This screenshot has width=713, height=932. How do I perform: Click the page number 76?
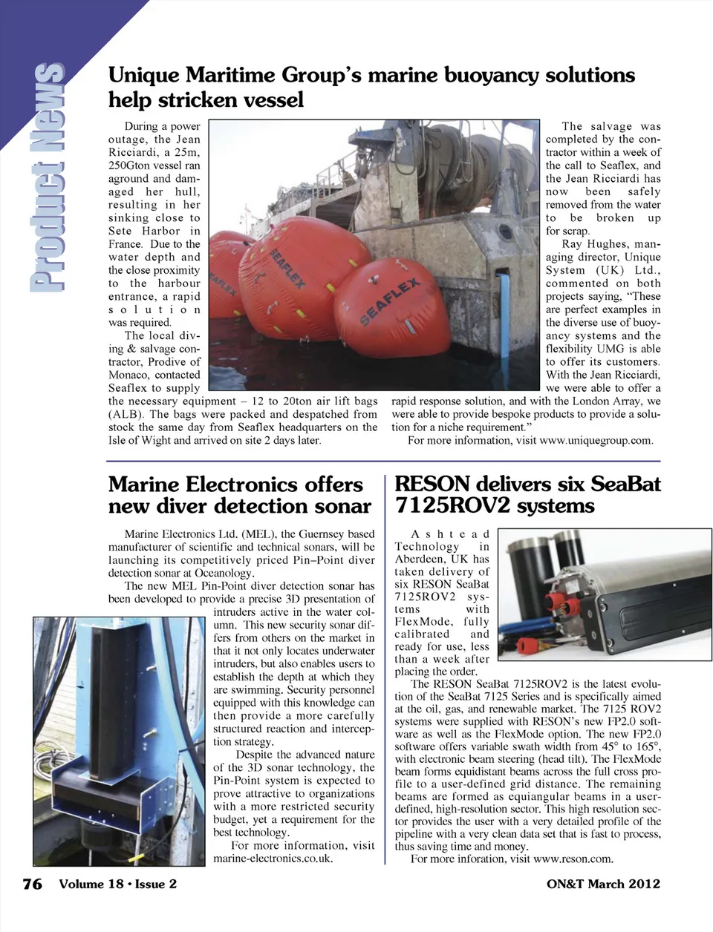[x=32, y=884]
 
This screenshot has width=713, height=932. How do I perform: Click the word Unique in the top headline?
[x=143, y=76]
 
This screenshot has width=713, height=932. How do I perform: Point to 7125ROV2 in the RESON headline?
[x=452, y=507]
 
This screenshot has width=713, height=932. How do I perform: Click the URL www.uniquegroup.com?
[x=596, y=441]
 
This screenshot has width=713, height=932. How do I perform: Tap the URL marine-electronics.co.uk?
[x=272, y=859]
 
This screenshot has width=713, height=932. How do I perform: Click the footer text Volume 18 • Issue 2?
[x=118, y=884]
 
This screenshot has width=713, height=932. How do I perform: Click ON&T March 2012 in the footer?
[x=603, y=884]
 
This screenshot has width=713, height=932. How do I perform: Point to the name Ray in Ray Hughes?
[x=572, y=244]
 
